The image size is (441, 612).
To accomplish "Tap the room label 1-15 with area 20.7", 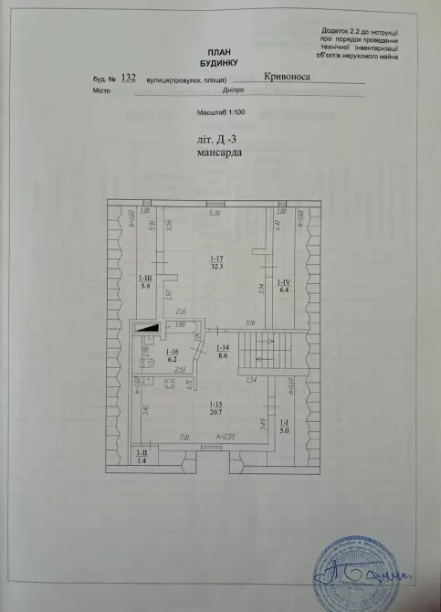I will (x=216, y=409).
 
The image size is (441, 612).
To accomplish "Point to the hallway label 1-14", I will (x=222, y=352).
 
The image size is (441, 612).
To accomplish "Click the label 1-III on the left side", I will (x=144, y=281).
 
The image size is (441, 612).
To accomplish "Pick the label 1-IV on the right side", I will (x=283, y=284).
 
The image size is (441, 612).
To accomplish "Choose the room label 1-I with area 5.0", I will (x=284, y=427).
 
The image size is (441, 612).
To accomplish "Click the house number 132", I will (x=128, y=79).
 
